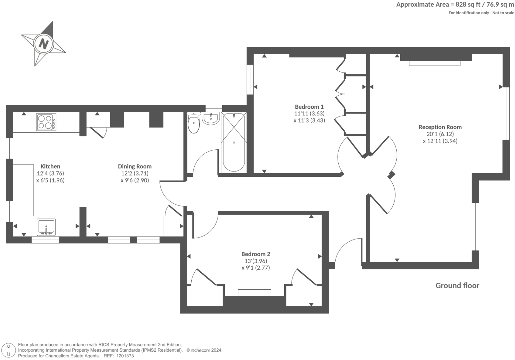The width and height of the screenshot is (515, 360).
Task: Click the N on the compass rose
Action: [43, 43]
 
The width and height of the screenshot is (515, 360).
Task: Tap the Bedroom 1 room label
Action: [309, 107]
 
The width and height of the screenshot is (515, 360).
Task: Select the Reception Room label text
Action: [440, 127]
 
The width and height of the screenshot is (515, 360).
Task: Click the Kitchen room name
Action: [50, 167]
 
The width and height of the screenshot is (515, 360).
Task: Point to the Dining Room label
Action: [135, 167]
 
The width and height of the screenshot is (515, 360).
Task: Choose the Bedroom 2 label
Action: [256, 254]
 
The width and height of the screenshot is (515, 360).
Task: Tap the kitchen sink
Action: [46, 227]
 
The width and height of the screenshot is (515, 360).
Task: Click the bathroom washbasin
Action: [211, 118]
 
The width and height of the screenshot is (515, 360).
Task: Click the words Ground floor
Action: [457, 286]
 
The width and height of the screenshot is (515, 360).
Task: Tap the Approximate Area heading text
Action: [455, 5]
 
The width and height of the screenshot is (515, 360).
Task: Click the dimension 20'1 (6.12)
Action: [440, 134]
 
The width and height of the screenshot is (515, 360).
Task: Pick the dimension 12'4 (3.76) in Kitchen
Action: [50, 173]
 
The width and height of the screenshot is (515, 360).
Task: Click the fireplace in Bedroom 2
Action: [254, 293]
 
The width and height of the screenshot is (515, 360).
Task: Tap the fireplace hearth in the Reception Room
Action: [434, 63]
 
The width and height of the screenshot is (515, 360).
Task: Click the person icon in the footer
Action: [9, 350]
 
